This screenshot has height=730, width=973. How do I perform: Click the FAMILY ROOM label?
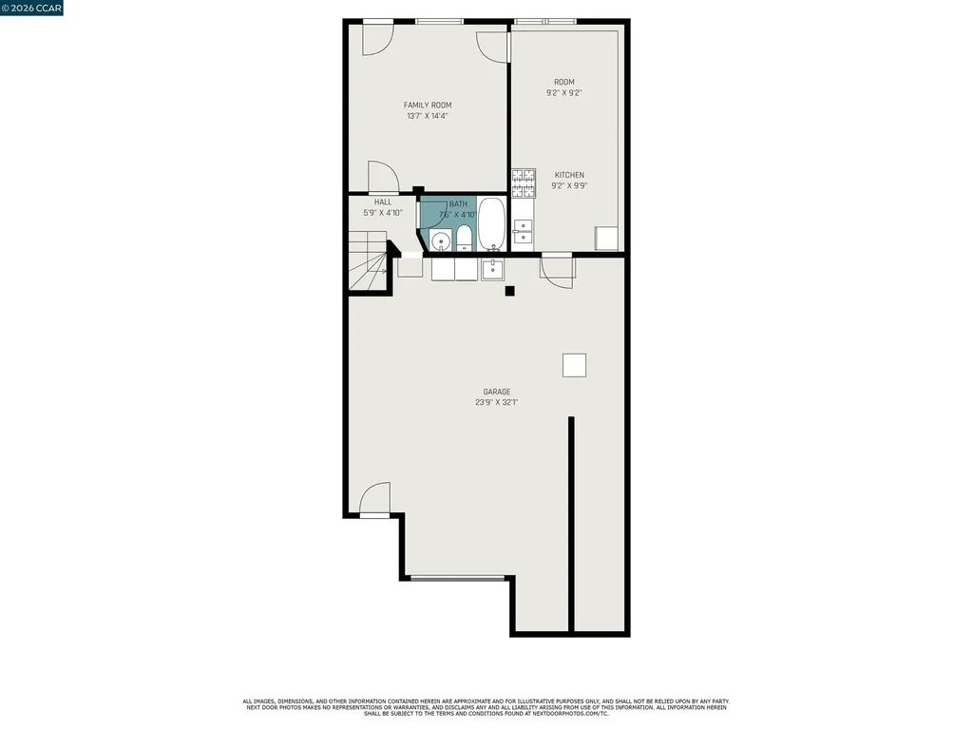[427, 105]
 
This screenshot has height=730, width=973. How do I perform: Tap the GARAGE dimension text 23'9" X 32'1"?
[496, 402]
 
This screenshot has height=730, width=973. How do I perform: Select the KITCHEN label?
[569, 175]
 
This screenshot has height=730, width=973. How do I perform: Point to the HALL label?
[382, 202]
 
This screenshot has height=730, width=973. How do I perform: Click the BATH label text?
[458, 203]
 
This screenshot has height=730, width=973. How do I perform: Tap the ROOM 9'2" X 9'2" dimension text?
[563, 93]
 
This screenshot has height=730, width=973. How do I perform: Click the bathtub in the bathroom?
[491, 224]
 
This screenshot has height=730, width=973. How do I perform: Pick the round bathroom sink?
[440, 240]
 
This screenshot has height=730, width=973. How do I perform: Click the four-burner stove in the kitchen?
[524, 182]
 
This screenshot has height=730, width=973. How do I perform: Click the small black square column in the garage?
[509, 291]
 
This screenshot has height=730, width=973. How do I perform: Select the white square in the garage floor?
[574, 365]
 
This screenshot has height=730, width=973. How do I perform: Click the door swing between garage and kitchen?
[559, 270]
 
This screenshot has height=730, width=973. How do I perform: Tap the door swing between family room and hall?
[382, 177]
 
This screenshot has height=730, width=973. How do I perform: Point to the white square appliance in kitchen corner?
[604, 238]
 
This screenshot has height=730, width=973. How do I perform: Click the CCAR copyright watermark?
[32, 8]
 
